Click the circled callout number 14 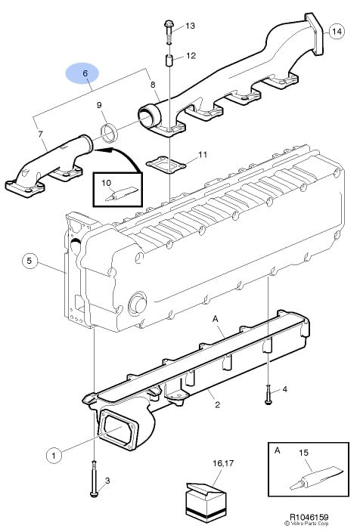337,32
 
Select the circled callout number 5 29,261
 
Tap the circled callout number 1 54,455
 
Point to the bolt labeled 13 169,32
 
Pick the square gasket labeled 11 166,163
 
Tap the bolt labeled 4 268,394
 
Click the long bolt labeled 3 94,478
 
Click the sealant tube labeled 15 316,478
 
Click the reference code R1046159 309,517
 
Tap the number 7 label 40,135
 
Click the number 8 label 153,84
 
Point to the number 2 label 217,404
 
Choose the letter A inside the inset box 277,450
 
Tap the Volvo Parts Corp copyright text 309,524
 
